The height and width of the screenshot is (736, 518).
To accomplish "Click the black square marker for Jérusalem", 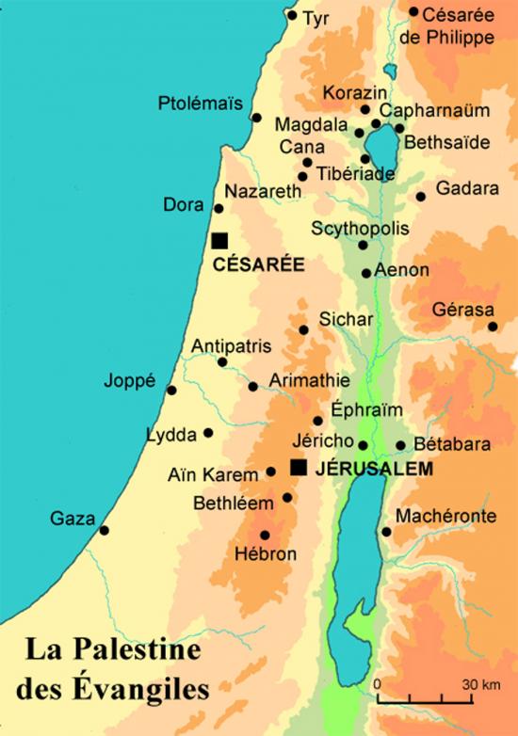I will pos(299,468).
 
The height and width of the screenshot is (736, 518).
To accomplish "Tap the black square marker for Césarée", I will pos(219,241).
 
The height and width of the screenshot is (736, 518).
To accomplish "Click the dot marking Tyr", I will pos(292,15).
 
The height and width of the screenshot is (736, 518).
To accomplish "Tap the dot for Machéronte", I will pos(386,532).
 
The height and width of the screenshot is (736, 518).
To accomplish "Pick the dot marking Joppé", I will pos(171,390).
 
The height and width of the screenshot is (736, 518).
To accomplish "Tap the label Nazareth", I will pos(264,191).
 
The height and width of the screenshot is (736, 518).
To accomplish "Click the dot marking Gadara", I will pos(421,197).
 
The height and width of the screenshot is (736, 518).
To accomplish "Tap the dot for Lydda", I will pos(208,433).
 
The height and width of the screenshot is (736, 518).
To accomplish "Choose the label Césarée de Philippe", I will pos(458,25).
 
